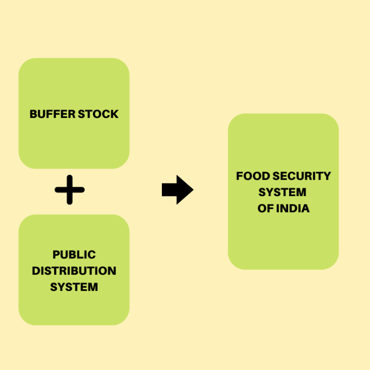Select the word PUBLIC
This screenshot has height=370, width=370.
(74, 254)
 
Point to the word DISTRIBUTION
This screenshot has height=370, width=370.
(74, 271)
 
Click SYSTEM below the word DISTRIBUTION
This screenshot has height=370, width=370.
(74, 287)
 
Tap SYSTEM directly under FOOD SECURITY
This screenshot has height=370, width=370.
(282, 192)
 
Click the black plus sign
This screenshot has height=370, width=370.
(70, 190)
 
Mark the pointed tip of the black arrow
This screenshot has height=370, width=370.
(192, 190)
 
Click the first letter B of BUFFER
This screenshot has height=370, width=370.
(33, 114)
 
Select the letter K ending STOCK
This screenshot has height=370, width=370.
(114, 114)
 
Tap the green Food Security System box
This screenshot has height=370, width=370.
(283, 241)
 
